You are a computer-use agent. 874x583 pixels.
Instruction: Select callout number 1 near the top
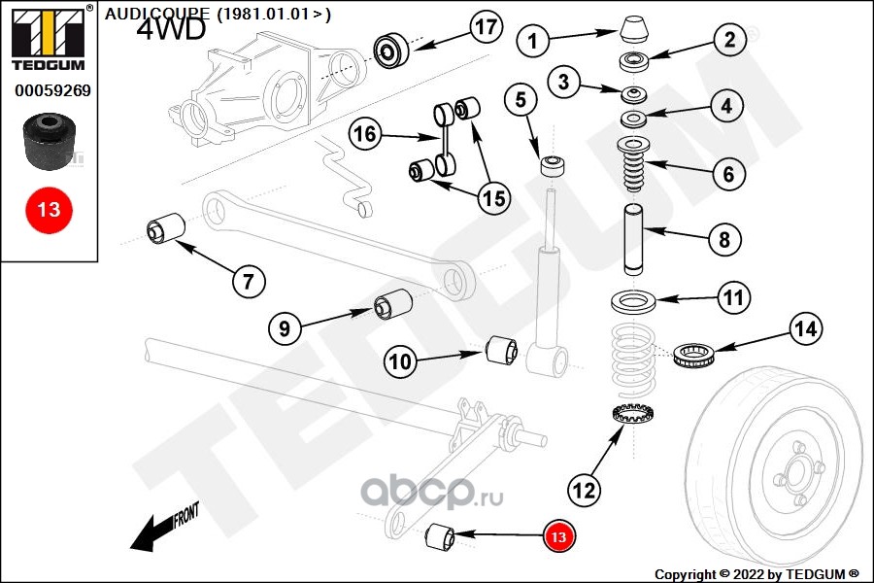pos(533,40)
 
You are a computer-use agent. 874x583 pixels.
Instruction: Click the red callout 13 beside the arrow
pos(558,535)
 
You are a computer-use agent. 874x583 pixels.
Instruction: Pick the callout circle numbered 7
pos(248,282)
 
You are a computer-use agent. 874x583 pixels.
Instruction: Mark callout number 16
pos(365,134)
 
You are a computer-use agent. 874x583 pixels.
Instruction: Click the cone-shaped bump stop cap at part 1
pos(636,28)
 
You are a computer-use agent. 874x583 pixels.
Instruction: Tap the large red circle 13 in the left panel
pos(49,209)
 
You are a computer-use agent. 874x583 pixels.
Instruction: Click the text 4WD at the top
pos(171,29)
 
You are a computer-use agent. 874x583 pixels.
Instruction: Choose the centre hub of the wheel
pos(794,476)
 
